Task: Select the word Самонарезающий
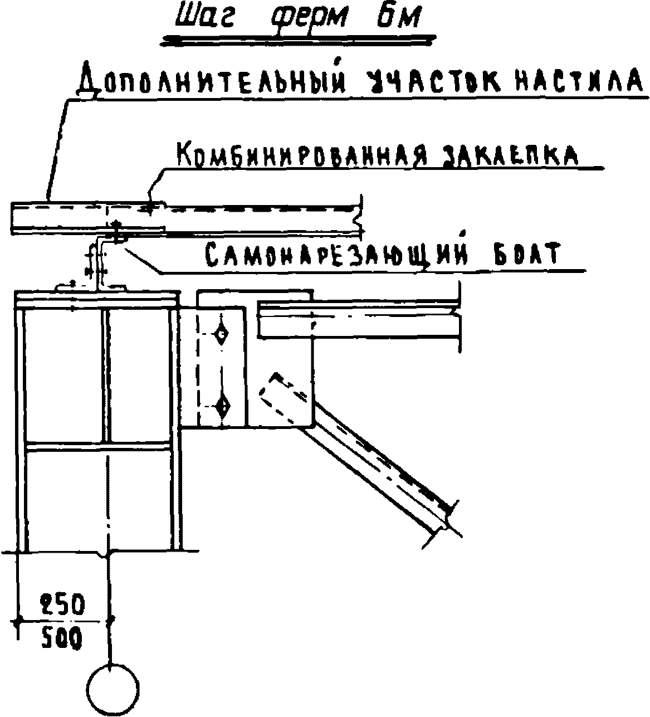[x=334, y=256]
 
